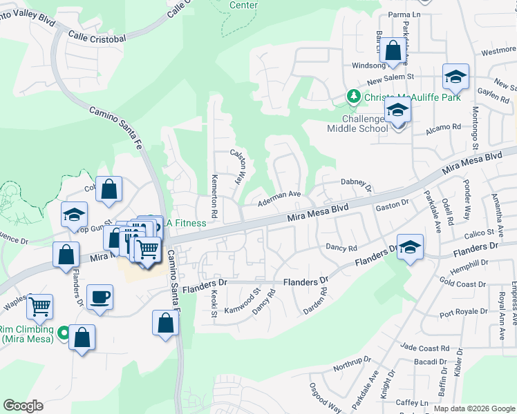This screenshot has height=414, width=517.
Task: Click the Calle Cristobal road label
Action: click(97, 36)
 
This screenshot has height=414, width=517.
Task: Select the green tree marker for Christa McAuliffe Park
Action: click(353, 97)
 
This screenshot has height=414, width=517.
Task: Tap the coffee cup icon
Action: click(100, 298)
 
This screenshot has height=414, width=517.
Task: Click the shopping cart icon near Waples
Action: click(40, 305)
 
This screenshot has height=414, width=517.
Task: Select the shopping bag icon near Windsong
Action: click(393, 51)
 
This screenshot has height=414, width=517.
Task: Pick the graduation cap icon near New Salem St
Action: click(455, 77)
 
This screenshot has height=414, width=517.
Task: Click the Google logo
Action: click(23, 406)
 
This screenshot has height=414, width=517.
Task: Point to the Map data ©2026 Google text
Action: click(473, 408)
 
